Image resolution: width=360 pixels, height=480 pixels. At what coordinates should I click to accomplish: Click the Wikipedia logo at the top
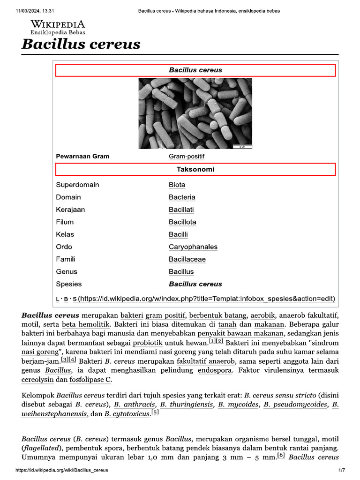click(58, 27)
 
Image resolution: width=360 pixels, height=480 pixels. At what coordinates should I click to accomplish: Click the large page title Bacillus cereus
click(81, 45)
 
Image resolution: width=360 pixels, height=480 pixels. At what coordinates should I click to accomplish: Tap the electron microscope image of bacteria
click(195, 113)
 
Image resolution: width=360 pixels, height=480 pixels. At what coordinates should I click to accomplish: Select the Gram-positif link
click(187, 156)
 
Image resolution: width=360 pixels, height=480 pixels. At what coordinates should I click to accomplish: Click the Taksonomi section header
click(195, 169)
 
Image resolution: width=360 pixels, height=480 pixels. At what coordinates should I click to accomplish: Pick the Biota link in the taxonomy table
click(177, 185)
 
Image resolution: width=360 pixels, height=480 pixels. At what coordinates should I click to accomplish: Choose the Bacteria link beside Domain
click(182, 197)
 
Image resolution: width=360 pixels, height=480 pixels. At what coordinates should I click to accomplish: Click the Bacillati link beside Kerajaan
click(181, 210)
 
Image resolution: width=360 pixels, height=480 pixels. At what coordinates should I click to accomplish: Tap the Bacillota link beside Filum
click(182, 222)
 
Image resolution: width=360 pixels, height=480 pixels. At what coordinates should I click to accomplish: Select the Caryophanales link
click(193, 247)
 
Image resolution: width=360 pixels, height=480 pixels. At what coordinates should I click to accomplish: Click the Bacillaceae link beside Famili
click(187, 259)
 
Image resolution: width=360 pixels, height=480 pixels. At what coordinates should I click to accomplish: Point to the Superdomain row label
click(77, 185)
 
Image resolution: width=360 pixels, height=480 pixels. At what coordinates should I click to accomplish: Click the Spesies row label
click(68, 284)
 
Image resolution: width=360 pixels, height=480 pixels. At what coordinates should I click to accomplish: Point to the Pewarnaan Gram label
click(82, 156)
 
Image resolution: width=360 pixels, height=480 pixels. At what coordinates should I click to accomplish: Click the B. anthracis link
click(135, 405)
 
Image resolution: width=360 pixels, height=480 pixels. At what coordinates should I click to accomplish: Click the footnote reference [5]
click(155, 412)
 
